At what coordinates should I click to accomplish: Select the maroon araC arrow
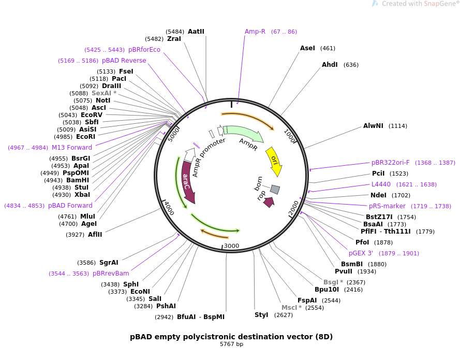point(187,181)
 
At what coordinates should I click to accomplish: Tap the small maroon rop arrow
point(269,202)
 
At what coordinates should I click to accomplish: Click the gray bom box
point(275,190)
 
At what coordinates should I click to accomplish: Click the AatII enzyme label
point(196,32)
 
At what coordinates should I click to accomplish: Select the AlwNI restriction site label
point(373,126)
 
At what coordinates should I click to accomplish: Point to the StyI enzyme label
point(261,315)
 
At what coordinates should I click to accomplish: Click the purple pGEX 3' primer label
point(361,253)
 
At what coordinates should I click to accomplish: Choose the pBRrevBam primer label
point(111,273)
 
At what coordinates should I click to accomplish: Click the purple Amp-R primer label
point(255,32)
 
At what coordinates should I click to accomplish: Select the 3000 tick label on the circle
point(231,246)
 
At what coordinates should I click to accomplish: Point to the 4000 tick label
point(169,208)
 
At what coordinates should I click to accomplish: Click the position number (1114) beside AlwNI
point(398,126)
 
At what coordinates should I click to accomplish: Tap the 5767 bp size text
point(231,344)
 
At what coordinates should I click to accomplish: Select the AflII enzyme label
point(95,235)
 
